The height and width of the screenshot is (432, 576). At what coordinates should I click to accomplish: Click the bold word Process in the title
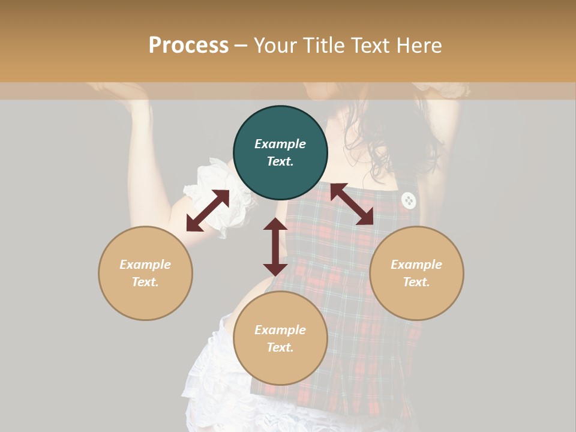pos(188,46)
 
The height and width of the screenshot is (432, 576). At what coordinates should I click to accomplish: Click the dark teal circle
pos(280,153)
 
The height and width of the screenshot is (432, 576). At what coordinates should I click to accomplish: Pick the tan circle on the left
pos(145,273)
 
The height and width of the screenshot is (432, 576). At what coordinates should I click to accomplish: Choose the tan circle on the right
pos(416,273)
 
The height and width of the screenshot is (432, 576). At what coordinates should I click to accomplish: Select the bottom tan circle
pos(280,338)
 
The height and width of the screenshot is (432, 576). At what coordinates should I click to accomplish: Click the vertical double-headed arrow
pos(275,247)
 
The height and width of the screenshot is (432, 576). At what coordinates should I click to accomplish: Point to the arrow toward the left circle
pos(208,211)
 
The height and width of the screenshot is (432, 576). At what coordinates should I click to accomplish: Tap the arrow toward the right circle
pos(352,204)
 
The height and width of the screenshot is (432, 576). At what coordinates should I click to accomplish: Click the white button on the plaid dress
pos(409,200)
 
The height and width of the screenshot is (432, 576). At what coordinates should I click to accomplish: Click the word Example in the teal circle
pos(280,144)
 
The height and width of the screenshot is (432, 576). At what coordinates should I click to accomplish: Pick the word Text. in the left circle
pos(145,282)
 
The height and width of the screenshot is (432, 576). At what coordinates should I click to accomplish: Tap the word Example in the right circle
pos(416,265)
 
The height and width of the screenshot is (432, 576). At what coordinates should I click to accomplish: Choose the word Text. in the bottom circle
pos(280,347)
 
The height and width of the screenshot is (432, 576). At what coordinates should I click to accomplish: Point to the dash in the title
pos(241,46)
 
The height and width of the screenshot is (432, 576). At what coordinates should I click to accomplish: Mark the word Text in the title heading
pos(367,46)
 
